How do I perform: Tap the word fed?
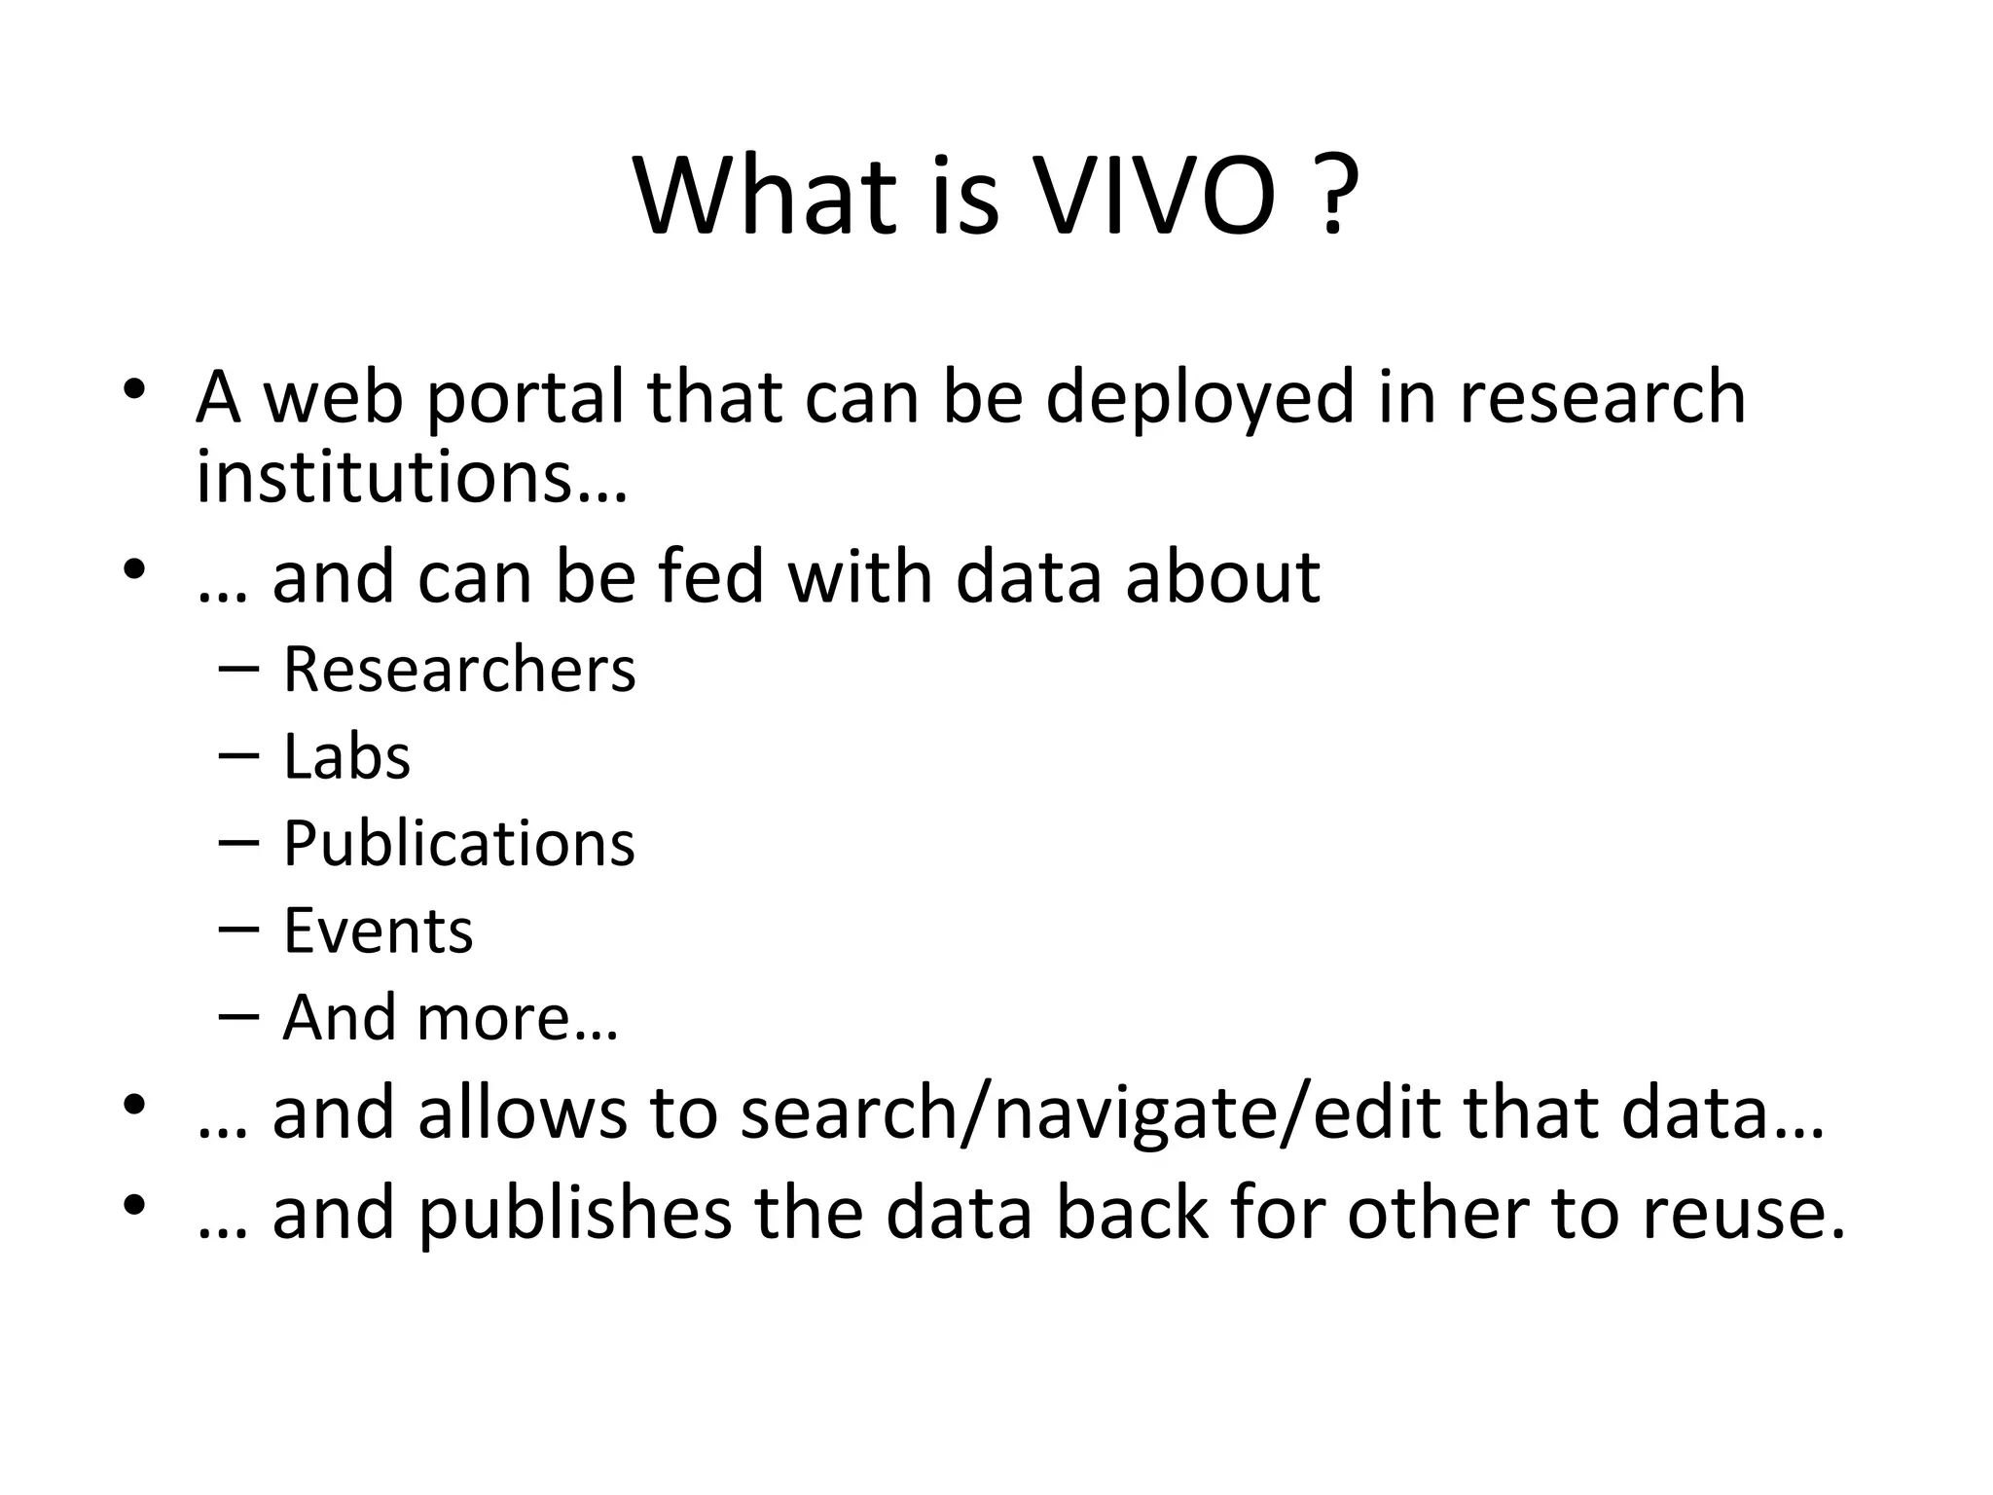coord(710,576)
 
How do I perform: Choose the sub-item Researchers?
coord(459,670)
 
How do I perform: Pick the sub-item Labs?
coord(346,756)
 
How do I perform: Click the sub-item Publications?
coord(459,843)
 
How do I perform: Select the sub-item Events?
coord(378,930)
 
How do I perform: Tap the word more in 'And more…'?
coord(493,1018)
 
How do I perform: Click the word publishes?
coord(575,1214)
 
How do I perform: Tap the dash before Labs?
coord(239,756)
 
